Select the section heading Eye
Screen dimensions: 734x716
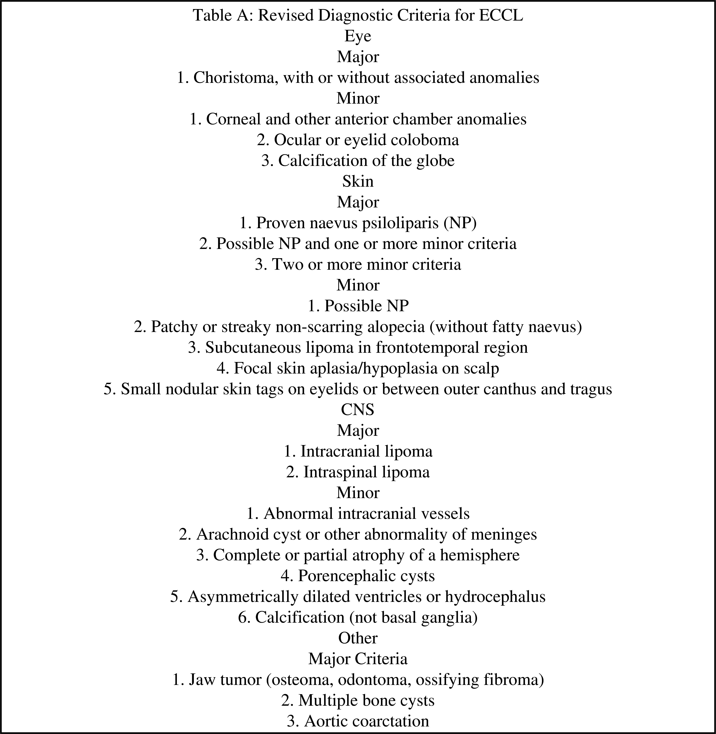pyautogui.click(x=358, y=36)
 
